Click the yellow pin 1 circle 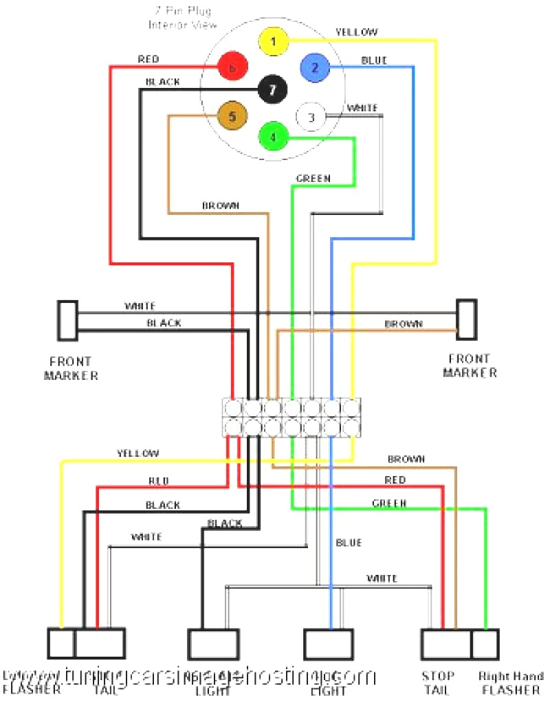coord(273,42)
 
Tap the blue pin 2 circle coord(315,67)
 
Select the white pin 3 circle coord(311,117)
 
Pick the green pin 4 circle coord(273,137)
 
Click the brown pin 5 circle coord(232,116)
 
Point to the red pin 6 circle coord(232,67)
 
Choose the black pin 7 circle coord(273,89)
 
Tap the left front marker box coord(67,321)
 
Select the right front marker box coord(467,319)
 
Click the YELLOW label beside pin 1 coord(356,32)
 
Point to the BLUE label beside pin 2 coord(374,60)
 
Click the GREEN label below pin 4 coord(313,179)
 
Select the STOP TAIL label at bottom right coord(437,683)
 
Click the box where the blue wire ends coord(329,644)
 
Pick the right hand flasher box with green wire coord(485,644)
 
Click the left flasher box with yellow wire coord(60,644)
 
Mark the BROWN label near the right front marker coord(404,324)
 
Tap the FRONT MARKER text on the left coord(71,368)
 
